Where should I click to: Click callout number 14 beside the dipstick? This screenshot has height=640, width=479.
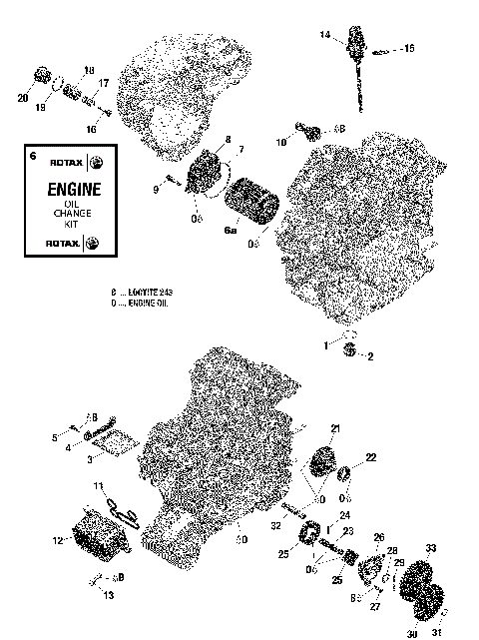click(x=324, y=35)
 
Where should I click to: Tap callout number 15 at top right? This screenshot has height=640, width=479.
click(x=407, y=47)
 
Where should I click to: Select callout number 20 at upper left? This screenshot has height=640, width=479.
click(x=23, y=97)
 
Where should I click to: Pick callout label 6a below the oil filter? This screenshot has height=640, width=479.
click(x=231, y=230)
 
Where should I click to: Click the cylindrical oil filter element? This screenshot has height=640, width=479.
click(x=254, y=200)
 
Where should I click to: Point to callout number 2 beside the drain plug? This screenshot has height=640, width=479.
click(x=371, y=356)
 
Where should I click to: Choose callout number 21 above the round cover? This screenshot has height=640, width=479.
click(x=335, y=428)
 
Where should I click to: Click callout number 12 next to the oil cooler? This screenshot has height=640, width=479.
click(x=57, y=539)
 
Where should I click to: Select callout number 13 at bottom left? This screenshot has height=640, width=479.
click(x=107, y=596)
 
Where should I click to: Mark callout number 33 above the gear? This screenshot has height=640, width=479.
click(x=431, y=547)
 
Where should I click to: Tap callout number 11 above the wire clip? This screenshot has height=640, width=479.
click(x=100, y=485)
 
